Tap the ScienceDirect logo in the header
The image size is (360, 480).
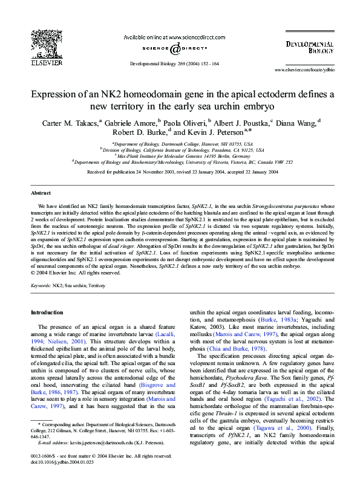174,49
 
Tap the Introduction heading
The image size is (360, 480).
47,313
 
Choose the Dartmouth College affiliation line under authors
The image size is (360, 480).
180,144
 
